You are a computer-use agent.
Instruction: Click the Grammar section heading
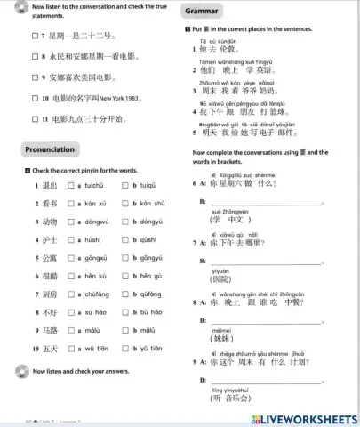click(204, 11)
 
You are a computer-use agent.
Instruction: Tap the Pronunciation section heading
click(50, 149)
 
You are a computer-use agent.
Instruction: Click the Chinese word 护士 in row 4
click(50, 240)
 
